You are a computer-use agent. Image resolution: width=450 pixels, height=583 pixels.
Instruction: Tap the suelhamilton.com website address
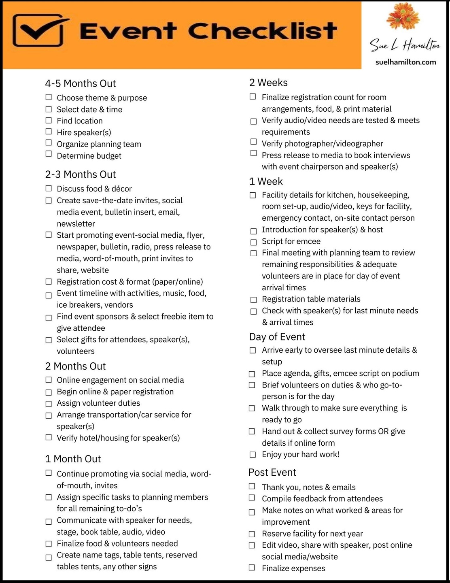tap(405, 62)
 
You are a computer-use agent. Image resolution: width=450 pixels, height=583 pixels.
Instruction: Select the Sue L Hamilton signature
tap(405, 45)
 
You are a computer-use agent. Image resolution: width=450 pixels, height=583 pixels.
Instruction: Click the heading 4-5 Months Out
tap(81, 83)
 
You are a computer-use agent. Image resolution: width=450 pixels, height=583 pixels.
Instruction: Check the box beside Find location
tap(49, 120)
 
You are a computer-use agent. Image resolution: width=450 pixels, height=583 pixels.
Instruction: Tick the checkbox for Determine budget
tap(49, 154)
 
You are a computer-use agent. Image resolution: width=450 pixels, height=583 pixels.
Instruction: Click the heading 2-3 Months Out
tap(81, 174)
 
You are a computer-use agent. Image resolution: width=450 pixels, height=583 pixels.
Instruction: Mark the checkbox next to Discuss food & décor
tap(49, 188)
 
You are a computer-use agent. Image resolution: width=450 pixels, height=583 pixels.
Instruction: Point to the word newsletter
tap(76, 223)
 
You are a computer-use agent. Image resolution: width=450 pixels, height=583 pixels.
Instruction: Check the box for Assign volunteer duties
tap(49, 404)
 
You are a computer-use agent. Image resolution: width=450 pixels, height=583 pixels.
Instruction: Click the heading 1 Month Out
tap(73, 459)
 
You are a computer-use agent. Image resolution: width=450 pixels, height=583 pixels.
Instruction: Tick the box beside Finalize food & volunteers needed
tap(49, 544)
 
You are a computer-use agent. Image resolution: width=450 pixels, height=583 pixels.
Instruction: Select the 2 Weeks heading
tap(268, 83)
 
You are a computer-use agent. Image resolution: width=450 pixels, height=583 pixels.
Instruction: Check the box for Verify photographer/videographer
tap(253, 142)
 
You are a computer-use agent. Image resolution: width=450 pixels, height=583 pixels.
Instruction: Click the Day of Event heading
tap(277, 337)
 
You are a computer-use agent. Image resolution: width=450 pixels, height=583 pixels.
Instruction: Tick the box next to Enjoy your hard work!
tap(253, 455)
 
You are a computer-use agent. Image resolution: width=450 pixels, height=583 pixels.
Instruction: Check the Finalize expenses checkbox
tap(252, 568)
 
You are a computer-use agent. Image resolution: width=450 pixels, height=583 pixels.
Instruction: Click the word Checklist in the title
tap(262, 31)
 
